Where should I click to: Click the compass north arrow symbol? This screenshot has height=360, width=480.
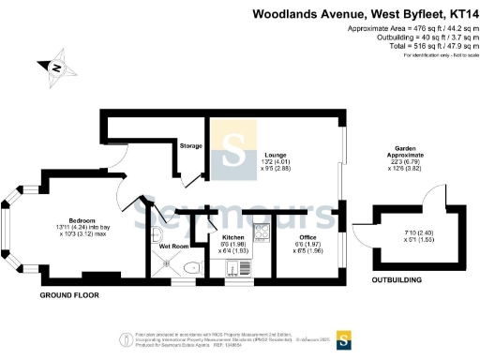pos(57,68)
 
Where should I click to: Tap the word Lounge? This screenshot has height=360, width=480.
pos(275,155)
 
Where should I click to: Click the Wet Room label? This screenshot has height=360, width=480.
pos(167,246)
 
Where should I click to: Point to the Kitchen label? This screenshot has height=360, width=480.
pos(232,237)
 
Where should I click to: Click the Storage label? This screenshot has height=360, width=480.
pos(191,145)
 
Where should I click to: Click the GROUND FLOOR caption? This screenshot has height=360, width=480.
pos(68,295)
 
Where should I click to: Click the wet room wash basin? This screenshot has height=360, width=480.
pos(157,233)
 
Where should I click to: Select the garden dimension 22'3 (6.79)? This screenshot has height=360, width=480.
pos(408,164)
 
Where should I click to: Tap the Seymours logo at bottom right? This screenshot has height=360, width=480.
pos(344,339)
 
